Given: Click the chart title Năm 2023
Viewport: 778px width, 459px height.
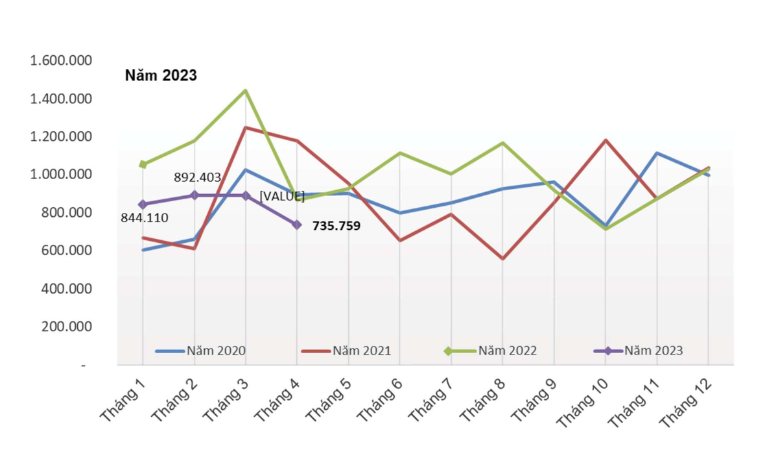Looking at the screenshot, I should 161,75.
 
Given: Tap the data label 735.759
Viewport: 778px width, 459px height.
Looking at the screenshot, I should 336,226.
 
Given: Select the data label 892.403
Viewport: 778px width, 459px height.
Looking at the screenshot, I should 197,177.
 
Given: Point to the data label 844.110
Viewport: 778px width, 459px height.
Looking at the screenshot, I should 144,218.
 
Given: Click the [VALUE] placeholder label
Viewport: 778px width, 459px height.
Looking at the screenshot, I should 282,196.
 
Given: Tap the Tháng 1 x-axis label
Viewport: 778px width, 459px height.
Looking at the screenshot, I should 123,401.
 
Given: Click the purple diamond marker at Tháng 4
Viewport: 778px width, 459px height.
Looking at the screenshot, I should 297,225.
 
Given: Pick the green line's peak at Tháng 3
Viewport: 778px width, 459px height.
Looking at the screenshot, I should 245,90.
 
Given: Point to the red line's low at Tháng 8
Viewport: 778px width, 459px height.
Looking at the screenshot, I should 502,258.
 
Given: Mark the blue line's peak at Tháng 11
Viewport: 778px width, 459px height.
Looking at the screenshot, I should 657,153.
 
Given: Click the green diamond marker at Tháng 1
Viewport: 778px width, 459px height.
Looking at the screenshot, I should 143,165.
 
